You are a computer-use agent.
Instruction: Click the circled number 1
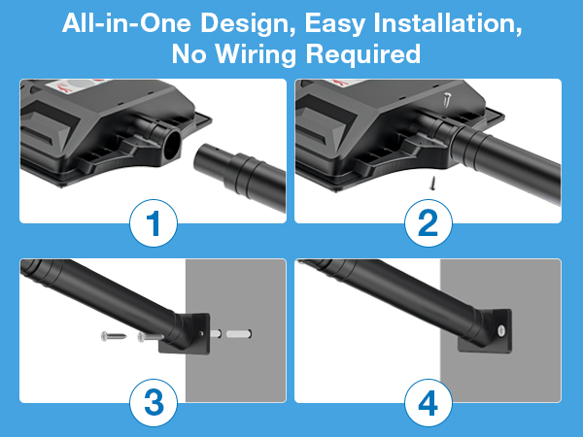coord(154,223)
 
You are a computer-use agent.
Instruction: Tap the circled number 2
coord(429,223)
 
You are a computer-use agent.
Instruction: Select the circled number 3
coord(154,403)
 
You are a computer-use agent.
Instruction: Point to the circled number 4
coord(429,403)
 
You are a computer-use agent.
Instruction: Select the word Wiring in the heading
coord(256,54)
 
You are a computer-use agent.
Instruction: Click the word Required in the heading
coord(362,54)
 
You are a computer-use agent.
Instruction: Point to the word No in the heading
coord(189,53)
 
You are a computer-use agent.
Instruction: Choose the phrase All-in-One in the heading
coord(126,22)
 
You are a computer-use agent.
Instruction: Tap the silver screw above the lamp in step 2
coord(447,100)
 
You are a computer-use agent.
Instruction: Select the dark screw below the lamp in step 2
coord(432,183)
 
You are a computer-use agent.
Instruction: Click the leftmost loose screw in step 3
coord(114,336)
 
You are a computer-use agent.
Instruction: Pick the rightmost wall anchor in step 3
coord(239,334)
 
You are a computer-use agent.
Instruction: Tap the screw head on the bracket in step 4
coord(500,329)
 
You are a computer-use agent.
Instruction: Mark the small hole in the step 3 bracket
coord(202,334)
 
